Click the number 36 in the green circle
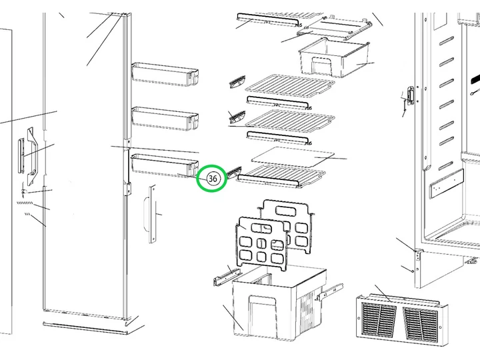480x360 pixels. (213, 179)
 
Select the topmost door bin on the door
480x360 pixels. (165, 74)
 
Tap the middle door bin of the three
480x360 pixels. (165, 119)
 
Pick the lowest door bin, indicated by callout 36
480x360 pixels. (165, 165)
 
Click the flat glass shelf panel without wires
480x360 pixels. (293, 157)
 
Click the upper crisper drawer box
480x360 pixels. (334, 58)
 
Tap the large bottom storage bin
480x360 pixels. (279, 303)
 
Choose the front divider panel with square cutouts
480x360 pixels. (262, 243)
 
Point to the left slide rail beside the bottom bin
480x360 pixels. (227, 276)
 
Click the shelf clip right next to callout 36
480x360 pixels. (234, 173)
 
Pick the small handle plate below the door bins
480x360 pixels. (150, 214)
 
